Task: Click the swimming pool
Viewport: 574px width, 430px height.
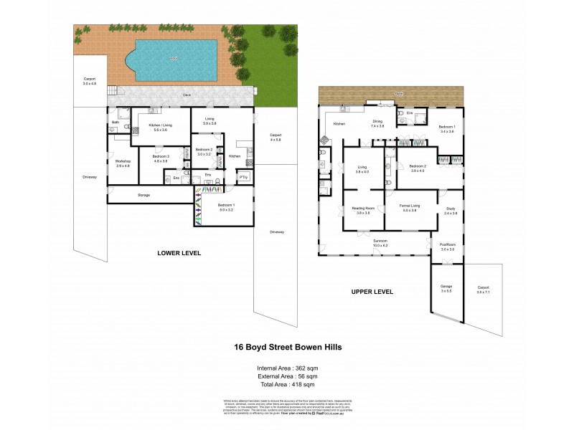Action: tap(174, 60)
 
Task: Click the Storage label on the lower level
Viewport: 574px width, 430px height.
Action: tap(143, 195)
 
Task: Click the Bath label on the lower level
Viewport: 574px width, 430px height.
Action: tap(115, 123)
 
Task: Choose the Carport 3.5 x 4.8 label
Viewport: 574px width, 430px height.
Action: tap(90, 80)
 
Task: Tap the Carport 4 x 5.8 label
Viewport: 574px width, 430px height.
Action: tap(276, 136)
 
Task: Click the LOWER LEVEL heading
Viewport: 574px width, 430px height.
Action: tap(179, 253)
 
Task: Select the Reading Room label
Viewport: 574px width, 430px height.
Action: tap(360, 211)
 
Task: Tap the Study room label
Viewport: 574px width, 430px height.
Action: tap(451, 191)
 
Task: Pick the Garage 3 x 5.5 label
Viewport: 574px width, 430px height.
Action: tap(446, 288)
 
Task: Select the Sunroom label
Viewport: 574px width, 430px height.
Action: tap(380, 243)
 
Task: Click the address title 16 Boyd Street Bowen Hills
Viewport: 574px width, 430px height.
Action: tap(288, 347)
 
